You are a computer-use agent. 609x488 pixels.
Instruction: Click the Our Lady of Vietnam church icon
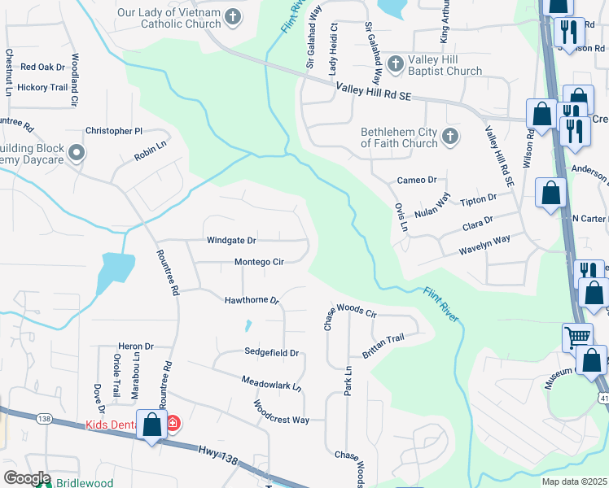click(233, 15)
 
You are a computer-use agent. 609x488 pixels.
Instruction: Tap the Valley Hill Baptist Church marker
click(396, 63)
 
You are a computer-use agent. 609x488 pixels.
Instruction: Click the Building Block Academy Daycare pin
click(77, 152)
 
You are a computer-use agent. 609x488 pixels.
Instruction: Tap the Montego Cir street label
click(259, 262)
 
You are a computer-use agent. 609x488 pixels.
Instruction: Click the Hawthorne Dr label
click(252, 300)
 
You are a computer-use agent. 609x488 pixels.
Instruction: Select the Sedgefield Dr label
click(273, 352)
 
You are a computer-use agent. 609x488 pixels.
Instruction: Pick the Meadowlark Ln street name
click(271, 384)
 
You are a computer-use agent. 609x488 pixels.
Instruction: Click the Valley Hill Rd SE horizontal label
click(375, 95)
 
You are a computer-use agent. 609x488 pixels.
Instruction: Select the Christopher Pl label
click(114, 131)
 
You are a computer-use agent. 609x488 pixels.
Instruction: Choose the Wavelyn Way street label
click(484, 239)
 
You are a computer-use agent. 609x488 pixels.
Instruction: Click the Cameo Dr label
click(417, 181)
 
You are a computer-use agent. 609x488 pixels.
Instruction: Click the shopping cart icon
click(577, 335)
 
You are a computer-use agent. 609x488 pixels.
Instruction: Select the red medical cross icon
click(173, 423)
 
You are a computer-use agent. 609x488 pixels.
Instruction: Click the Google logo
click(27, 478)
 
